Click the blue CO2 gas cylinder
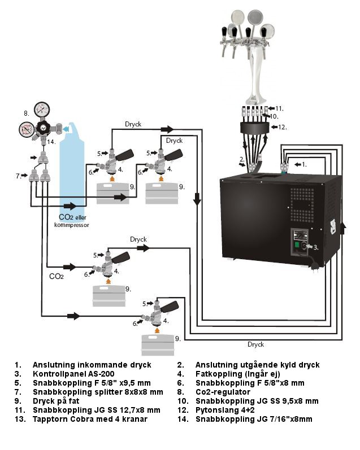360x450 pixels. coord(71,169)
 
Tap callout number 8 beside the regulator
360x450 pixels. coord(26,113)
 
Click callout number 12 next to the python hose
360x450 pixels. coord(283,127)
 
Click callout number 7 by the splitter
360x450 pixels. coord(18,176)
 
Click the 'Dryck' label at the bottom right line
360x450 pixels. coord(255,344)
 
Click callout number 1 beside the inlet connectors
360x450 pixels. coord(304,164)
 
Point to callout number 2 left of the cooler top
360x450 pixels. coord(242,159)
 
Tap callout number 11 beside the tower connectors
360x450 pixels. coord(279,107)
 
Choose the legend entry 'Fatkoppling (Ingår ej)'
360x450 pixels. coord(236,374)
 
